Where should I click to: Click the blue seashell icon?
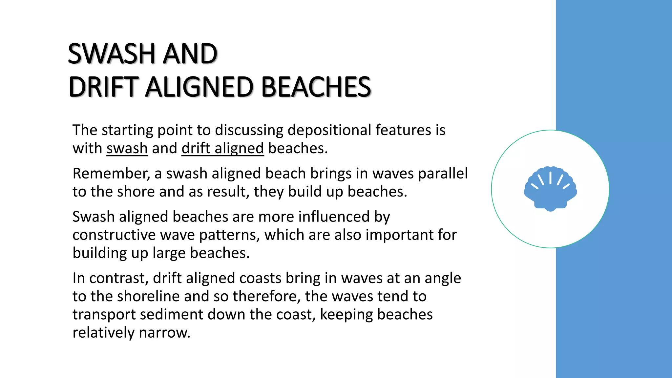(550, 189)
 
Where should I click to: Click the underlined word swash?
(127, 148)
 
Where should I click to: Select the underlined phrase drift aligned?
(222, 148)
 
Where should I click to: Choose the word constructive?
(114, 235)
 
